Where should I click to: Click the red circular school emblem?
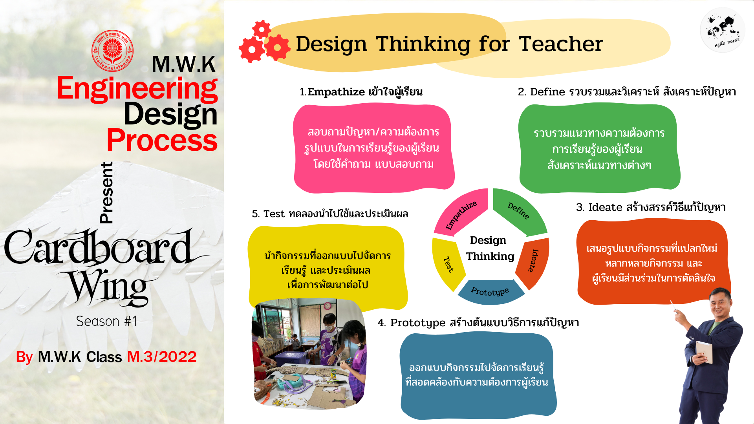pos(112,51)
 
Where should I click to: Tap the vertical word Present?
pos(106,192)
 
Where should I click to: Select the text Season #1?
pos(106,321)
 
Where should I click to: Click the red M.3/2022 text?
pos(161,357)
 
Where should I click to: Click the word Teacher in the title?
pos(560,44)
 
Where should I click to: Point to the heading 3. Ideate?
pos(650,207)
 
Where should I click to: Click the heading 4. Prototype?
pos(478,323)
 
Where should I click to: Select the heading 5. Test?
pos(329,214)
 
